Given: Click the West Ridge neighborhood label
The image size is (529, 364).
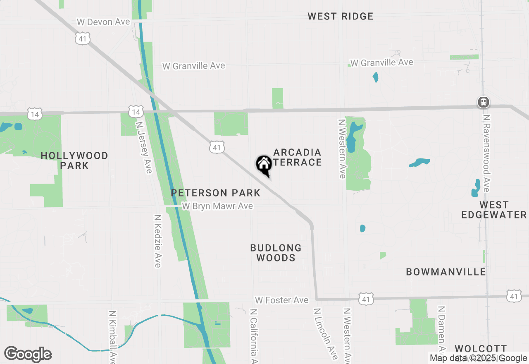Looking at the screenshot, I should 340,17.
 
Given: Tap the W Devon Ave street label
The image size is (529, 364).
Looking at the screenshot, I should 103,22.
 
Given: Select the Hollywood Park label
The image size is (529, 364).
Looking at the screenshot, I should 74,160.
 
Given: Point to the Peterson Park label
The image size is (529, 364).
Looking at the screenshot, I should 215,193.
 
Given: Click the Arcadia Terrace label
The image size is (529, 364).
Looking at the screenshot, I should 298,157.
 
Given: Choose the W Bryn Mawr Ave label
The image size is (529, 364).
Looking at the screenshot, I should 217,206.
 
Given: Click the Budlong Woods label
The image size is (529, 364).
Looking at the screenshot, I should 276,253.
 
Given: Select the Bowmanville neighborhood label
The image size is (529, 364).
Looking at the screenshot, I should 446,272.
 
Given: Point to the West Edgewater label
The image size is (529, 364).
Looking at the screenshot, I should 494,210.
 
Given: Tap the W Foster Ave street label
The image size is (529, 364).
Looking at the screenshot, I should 282,300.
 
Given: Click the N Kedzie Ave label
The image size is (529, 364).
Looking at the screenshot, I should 157,241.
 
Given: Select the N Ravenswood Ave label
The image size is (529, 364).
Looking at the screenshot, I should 487,153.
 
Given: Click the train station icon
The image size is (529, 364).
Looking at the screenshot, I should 483,102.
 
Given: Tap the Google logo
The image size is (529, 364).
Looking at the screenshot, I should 28,354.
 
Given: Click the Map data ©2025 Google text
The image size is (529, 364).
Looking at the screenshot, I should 478,358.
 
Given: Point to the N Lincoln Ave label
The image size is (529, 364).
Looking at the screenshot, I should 325,333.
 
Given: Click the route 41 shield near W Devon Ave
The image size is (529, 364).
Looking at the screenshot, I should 83,39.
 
